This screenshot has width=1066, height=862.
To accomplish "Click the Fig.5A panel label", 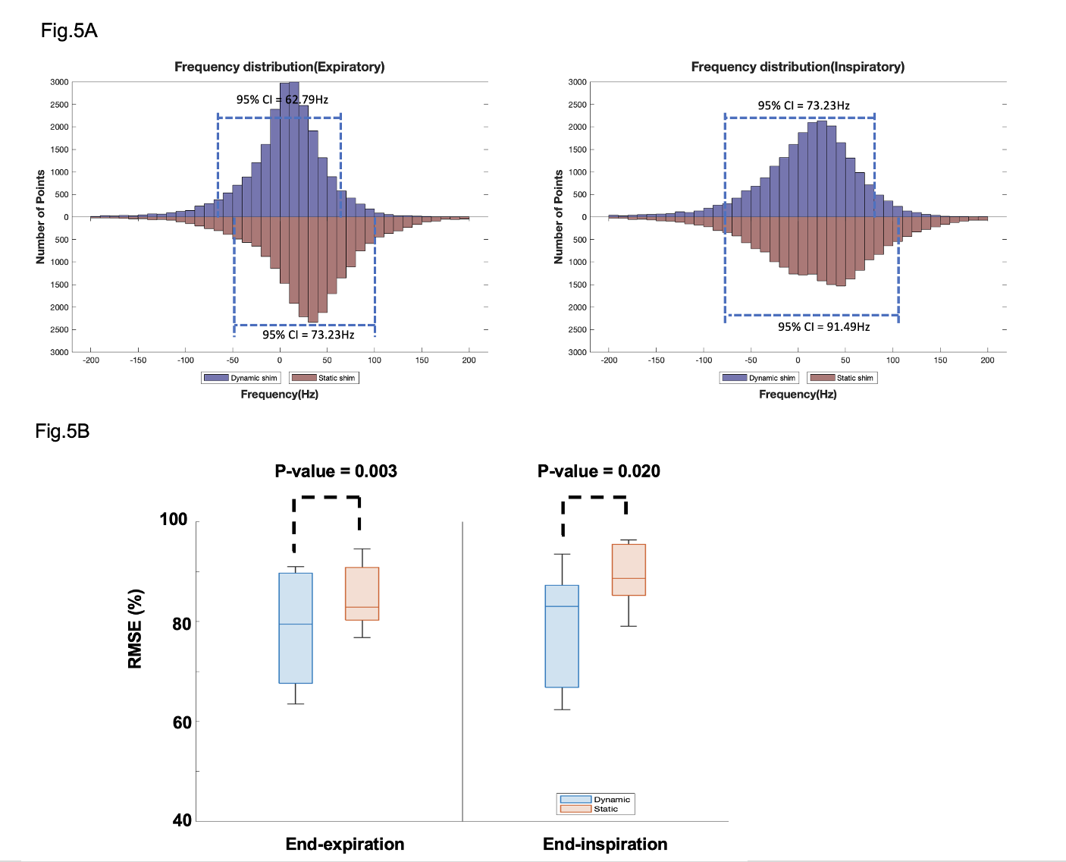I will click(x=69, y=31).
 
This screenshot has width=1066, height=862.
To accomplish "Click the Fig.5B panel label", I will click(x=62, y=432).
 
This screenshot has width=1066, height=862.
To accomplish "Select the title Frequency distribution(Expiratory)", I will click(x=279, y=67).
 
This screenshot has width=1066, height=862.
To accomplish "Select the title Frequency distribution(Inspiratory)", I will click(x=798, y=67).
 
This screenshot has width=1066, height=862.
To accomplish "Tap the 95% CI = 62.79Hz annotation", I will click(x=282, y=99).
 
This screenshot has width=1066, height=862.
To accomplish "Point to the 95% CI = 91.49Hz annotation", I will click(x=823, y=327).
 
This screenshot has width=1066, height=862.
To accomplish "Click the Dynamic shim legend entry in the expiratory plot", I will click(x=242, y=378).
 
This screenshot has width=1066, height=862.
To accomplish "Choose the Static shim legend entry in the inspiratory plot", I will click(x=842, y=378).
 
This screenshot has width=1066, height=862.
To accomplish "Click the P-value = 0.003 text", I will click(x=336, y=471).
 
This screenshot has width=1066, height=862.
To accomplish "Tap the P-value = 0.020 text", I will click(x=598, y=471).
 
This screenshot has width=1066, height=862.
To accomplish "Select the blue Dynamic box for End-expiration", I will click(x=296, y=628).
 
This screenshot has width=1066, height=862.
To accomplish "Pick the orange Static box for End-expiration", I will click(x=362, y=593).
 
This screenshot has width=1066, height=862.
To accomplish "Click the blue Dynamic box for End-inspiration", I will click(x=562, y=636).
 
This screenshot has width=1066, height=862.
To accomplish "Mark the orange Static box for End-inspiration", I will click(x=629, y=569).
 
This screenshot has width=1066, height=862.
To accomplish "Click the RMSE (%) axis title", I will click(x=136, y=628).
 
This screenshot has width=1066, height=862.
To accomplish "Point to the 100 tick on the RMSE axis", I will click(x=173, y=520).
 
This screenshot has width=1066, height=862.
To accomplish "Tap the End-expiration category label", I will click(x=345, y=845).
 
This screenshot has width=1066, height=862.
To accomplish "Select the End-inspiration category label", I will click(x=605, y=845).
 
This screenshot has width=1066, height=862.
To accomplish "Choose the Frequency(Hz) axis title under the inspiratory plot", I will click(x=798, y=395).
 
